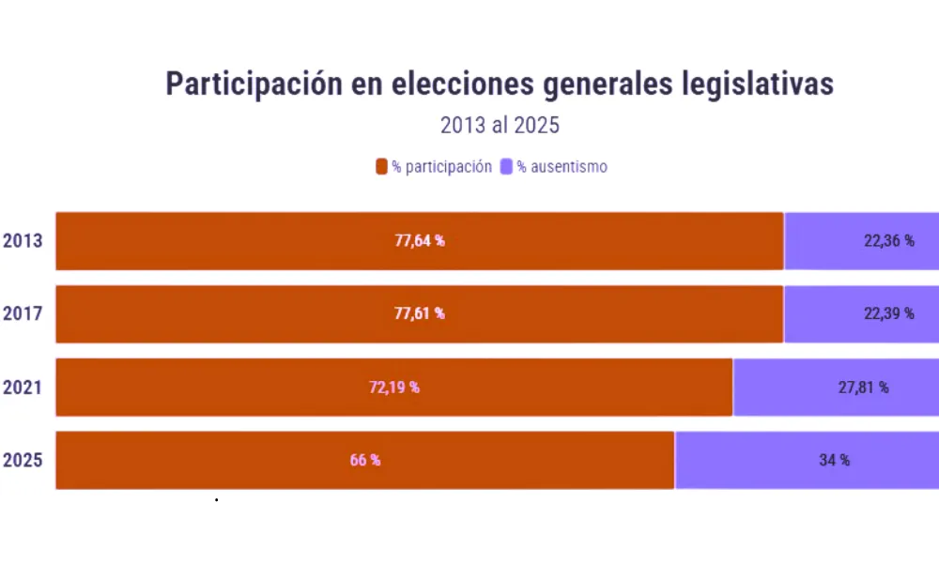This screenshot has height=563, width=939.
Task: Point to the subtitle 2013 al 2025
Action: pyautogui.click(x=500, y=126)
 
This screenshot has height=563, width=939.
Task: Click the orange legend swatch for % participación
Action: pyautogui.click(x=381, y=167)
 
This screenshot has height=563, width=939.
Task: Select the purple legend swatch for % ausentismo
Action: pyautogui.click(x=506, y=167)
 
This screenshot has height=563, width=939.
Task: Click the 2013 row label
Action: pyautogui.click(x=23, y=241)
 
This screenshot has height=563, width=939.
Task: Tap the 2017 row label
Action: pyautogui.click(x=23, y=313)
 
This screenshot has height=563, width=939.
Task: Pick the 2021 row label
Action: pyautogui.click(x=23, y=387)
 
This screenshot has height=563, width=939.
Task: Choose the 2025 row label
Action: pyautogui.click(x=23, y=460)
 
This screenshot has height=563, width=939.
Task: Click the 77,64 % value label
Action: pyautogui.click(x=419, y=241)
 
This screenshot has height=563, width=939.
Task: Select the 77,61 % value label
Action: pyautogui.click(x=419, y=313)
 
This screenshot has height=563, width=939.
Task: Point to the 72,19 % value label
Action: pyautogui.click(x=393, y=387)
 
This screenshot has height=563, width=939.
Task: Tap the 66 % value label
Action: pyautogui.click(x=365, y=460)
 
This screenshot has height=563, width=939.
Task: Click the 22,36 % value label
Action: pyautogui.click(x=888, y=241)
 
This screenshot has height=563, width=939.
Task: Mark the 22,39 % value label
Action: pyautogui.click(x=888, y=313)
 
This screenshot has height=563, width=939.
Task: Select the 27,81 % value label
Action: pyautogui.click(x=863, y=387)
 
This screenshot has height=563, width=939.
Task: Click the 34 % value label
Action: pyautogui.click(x=834, y=460)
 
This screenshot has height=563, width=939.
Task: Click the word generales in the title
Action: pyautogui.click(x=603, y=84)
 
